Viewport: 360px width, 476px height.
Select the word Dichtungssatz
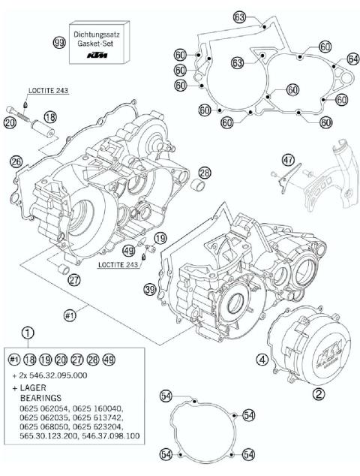pyautogui.click(x=103, y=34)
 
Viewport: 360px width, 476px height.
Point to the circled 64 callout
pyautogui.click(x=352, y=59)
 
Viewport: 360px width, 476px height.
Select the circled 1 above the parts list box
pyautogui.click(x=28, y=333)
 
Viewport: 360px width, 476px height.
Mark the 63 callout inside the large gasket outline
pyautogui.click(x=236, y=63)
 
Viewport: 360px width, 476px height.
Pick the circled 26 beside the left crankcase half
pyautogui.click(x=16, y=161)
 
